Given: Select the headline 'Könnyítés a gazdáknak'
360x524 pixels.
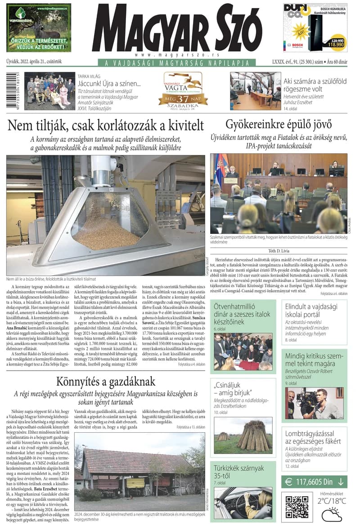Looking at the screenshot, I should (x=105, y=381).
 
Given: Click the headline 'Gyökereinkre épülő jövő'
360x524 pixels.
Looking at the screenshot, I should (x=279, y=124).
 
